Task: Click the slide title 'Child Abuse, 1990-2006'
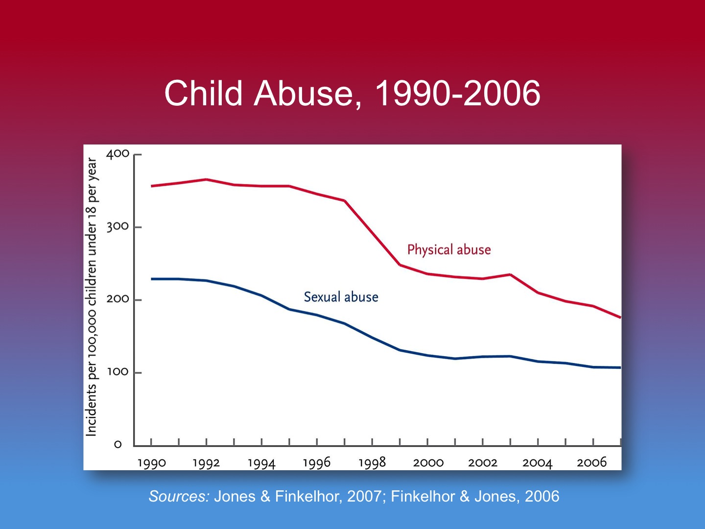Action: coord(352,93)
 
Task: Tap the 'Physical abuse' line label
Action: coord(449,250)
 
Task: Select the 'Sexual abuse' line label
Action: coord(341,297)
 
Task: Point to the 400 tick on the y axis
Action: coord(118,154)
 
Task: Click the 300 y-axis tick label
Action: coord(118,227)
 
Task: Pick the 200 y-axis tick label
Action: coord(118,299)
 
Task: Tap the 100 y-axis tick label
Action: coord(118,372)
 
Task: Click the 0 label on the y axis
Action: coord(117,445)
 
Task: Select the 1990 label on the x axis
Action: coord(152,463)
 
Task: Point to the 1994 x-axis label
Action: coord(261,463)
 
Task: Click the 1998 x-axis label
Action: coord(372,462)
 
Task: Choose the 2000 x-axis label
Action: coord(428,463)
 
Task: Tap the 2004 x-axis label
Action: coord(537,463)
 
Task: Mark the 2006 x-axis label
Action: coord(592,462)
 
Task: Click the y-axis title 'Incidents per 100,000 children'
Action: coord(92,297)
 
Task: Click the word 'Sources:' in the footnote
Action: coord(179,496)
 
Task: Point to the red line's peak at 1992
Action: coord(207,179)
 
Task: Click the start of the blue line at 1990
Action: coord(152,279)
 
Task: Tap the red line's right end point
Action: coord(620,317)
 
